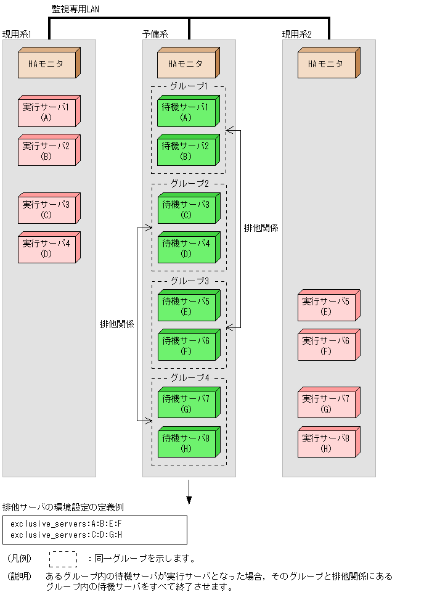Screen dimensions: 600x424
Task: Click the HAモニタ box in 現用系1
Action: tap(47, 64)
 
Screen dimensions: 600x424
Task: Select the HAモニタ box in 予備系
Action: tap(187, 64)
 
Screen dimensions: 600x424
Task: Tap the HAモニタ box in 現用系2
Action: tap(327, 64)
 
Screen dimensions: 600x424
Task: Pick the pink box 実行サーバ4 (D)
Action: tap(47, 249)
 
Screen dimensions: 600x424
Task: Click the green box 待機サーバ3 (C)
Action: tap(187, 210)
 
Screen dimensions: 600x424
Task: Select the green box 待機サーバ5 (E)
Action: tap(187, 306)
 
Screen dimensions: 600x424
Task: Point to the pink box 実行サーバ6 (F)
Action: tap(327, 346)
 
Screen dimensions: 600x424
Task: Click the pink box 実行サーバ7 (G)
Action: tap(327, 404)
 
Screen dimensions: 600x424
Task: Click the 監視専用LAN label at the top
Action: tap(75, 8)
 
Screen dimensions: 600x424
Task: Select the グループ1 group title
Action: tap(189, 87)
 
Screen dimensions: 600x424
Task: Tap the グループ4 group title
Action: tap(189, 378)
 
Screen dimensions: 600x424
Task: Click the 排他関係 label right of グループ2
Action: tap(261, 228)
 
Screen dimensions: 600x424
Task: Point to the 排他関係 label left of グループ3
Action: tap(117, 324)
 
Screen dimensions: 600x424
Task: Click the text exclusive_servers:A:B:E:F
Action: tap(67, 524)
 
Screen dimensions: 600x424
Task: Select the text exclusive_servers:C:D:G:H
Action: tap(67, 535)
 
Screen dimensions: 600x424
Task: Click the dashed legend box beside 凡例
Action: tap(63, 559)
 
